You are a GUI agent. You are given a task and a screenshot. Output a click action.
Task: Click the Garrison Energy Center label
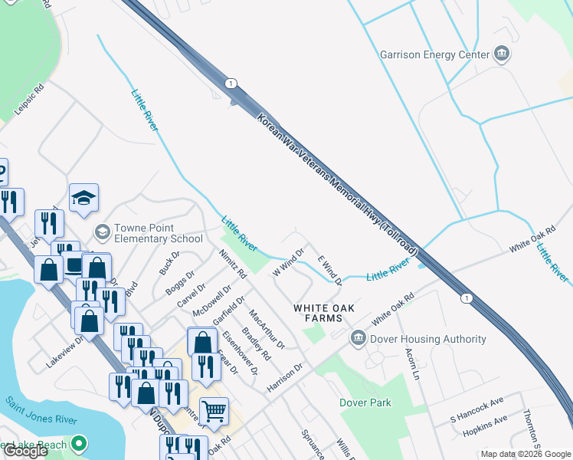click(x=434, y=54)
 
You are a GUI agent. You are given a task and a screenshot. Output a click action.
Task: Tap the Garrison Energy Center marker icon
click(x=503, y=54)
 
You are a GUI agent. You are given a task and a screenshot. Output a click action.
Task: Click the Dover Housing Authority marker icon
click(x=357, y=338)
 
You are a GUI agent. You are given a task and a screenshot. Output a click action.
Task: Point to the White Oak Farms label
click(x=325, y=313)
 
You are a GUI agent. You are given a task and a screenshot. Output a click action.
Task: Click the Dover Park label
click(x=365, y=402)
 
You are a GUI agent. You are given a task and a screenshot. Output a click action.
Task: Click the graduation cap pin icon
click(x=83, y=198)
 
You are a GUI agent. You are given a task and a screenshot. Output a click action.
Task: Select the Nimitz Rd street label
click(x=232, y=263)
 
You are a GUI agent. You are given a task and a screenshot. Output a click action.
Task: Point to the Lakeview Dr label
click(x=64, y=352)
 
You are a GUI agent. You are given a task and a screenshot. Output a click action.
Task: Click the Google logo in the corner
click(x=25, y=451)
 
